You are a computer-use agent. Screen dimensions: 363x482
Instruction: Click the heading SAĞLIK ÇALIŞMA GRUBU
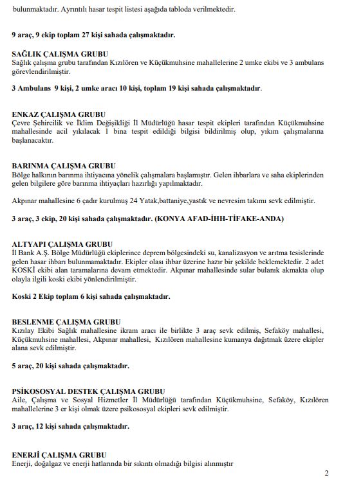click(x=60, y=53)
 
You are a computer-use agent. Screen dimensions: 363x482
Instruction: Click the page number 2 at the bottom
click(x=326, y=474)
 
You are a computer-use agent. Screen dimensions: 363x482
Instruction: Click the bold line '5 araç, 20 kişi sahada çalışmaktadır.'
click(x=70, y=366)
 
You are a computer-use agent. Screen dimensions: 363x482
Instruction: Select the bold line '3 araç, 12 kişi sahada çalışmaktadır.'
click(x=70, y=426)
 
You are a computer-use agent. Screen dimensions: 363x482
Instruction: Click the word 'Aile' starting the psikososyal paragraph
click(x=19, y=400)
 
